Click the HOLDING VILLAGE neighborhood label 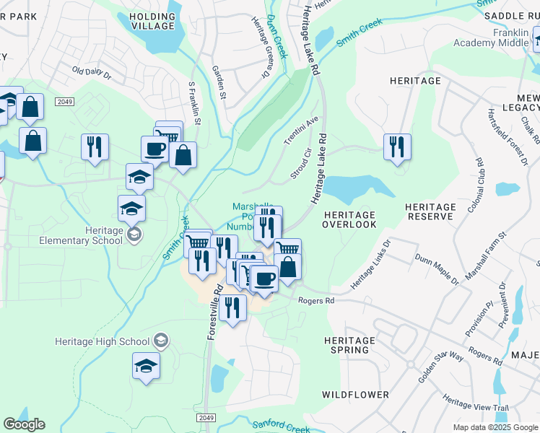[x=152, y=20]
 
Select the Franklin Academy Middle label [x=491, y=38]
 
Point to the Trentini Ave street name [x=302, y=130]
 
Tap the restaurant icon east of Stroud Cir [x=396, y=147]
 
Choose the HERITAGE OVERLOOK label [x=349, y=219]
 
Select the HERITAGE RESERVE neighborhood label [x=430, y=211]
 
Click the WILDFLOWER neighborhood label [x=355, y=395]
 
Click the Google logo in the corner [x=24, y=424]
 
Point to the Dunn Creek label [x=276, y=36]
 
